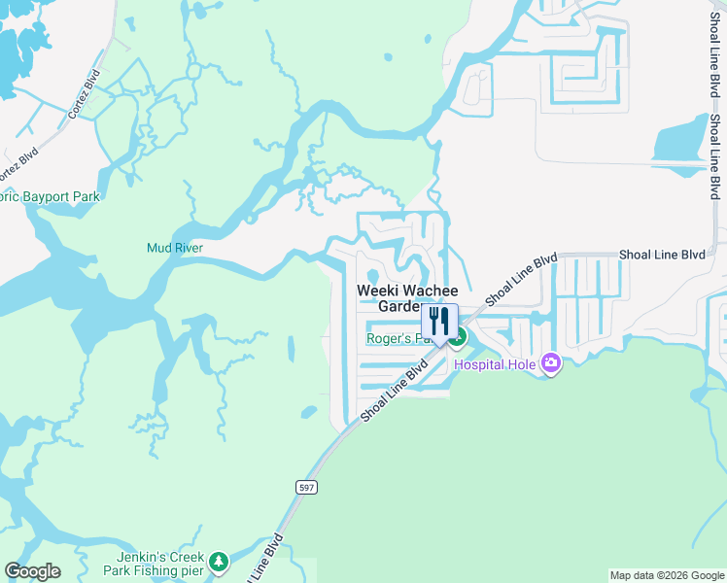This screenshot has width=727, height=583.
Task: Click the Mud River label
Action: pyautogui.click(x=174, y=248)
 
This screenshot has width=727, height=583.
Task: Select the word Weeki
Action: pyautogui.click(x=376, y=290)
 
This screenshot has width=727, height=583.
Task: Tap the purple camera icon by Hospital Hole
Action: pyautogui.click(x=551, y=363)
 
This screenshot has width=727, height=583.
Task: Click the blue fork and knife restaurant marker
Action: pyautogui.click(x=439, y=320)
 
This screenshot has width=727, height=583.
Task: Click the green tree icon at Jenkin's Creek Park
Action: pyautogui.click(x=220, y=561)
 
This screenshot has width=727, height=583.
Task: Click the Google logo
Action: pyautogui.click(x=32, y=571)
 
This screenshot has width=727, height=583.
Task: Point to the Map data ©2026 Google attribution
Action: pyautogui.click(x=666, y=575)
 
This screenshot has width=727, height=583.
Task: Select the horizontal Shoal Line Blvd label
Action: pyautogui.click(x=661, y=256)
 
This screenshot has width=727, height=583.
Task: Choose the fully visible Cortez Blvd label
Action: pyautogui.click(x=85, y=94)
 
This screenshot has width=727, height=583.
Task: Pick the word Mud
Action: pyautogui.click(x=158, y=248)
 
